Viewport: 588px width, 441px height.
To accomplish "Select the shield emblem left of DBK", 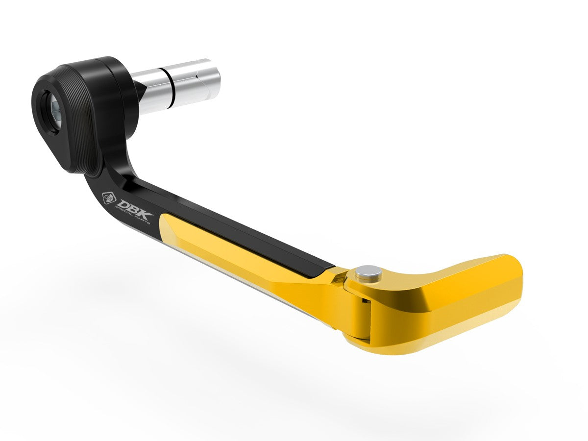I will (108, 197).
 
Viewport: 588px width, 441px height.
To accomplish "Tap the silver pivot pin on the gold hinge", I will (369, 272).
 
